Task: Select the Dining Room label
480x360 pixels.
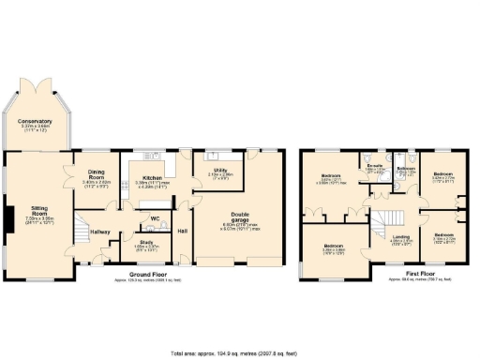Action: (97, 171)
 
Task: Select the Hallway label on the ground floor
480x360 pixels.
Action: (100, 232)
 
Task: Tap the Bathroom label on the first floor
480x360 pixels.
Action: (405, 168)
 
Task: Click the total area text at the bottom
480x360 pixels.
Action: (240, 353)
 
